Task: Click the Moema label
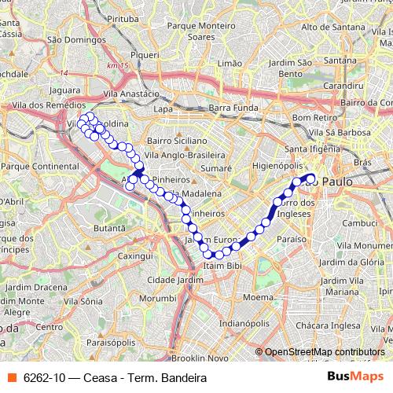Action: (257, 298)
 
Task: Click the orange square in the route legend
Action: (10, 378)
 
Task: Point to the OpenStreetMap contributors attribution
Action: (324, 352)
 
